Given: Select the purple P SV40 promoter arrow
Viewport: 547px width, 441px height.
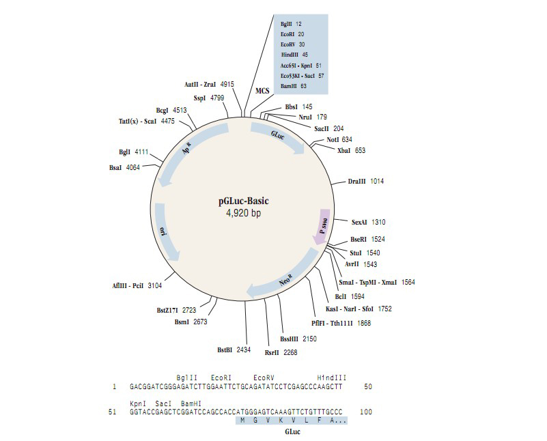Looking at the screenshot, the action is click(x=322, y=227).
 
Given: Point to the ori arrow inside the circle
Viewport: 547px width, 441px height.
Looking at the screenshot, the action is click(x=165, y=232).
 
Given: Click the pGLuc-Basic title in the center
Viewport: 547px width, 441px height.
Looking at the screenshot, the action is click(x=244, y=201).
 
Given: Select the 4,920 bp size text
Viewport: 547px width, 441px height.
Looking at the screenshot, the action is click(x=244, y=213).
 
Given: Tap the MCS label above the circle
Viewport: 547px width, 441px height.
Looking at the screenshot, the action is click(x=262, y=91).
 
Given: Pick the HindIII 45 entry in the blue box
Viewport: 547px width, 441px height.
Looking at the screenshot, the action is click(x=294, y=55).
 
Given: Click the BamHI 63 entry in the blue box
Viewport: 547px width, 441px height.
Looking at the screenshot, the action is click(x=294, y=86).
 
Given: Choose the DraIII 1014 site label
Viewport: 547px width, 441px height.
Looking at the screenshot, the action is click(x=365, y=182).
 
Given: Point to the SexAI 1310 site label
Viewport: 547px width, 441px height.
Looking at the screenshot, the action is click(x=368, y=222).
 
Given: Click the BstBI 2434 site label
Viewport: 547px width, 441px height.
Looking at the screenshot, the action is click(x=234, y=350).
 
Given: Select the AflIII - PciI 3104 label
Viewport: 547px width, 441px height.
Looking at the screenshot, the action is click(x=137, y=285).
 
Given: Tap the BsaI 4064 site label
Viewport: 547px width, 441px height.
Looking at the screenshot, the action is click(x=124, y=168).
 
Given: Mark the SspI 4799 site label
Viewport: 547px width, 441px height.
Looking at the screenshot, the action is click(x=209, y=98).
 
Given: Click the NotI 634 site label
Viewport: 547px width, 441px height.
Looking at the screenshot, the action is click(x=339, y=140).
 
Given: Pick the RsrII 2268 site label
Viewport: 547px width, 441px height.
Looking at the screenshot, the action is click(x=281, y=352).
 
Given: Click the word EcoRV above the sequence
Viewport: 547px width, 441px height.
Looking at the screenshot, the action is click(x=264, y=378).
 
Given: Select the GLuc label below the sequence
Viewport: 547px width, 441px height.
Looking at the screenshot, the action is click(x=292, y=432).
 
